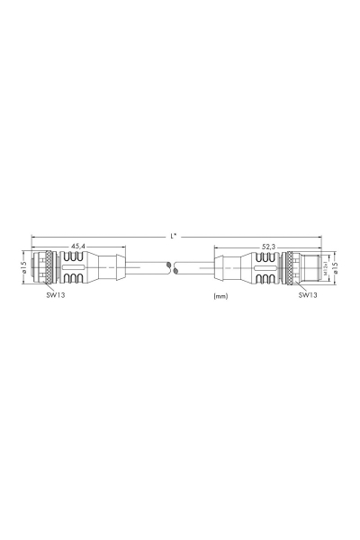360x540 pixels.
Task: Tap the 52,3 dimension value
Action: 269,246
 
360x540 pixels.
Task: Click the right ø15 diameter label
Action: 335,268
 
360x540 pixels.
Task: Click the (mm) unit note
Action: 220,295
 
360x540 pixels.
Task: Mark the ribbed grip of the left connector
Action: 76,268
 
